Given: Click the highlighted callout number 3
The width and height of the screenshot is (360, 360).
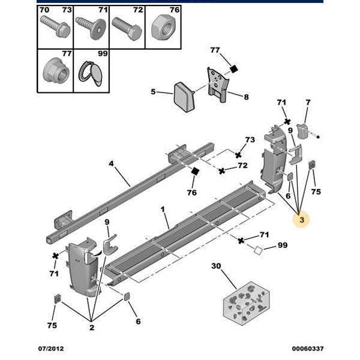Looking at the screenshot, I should click(302, 221).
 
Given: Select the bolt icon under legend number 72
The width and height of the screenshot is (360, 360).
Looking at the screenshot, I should click(128, 27).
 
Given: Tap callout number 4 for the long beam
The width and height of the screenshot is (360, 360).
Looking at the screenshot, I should click(111, 163).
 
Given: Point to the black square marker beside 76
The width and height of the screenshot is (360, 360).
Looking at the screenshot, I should click(194, 172).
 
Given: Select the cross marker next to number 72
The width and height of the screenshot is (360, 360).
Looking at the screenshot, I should click(222, 171).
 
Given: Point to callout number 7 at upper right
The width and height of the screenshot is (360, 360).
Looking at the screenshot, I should click(308, 103).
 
